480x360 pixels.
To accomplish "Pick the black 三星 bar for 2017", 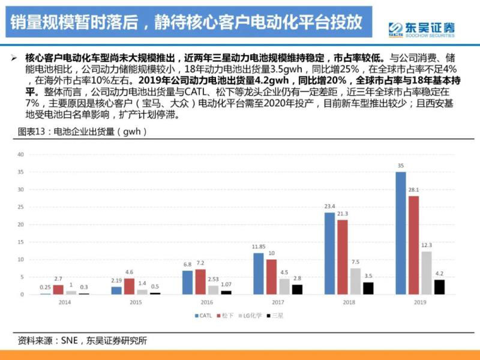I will (297, 289).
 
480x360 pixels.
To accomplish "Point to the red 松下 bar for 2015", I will (129, 286).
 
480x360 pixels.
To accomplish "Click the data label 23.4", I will (329, 206).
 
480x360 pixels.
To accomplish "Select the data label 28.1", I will (413, 190).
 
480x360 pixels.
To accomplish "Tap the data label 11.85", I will (259, 247).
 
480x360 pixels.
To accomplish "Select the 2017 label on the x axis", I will (277, 303).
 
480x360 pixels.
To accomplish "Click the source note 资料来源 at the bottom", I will (78, 341).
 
